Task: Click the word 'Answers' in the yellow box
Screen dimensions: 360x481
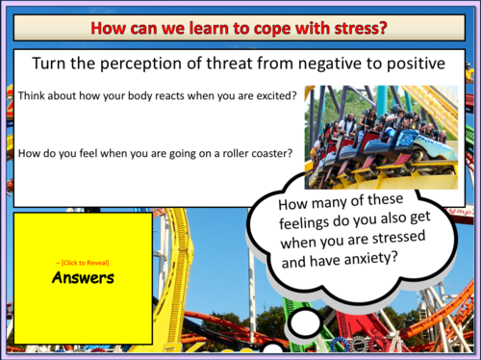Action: [x=83, y=278]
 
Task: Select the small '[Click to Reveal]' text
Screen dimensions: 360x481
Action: [x=83, y=262]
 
